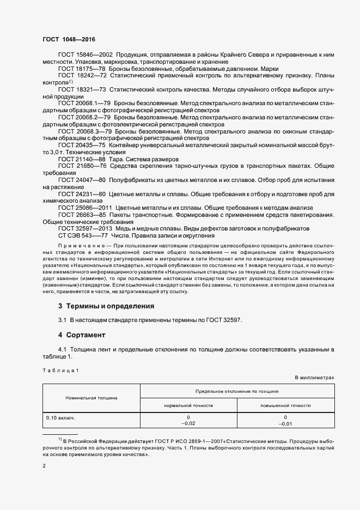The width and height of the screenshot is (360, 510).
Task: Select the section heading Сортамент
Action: point(85,335)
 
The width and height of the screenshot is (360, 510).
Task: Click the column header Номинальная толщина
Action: point(91,398)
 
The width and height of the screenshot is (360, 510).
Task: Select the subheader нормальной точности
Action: point(188,405)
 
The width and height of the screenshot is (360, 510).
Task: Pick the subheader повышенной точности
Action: point(285,405)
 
